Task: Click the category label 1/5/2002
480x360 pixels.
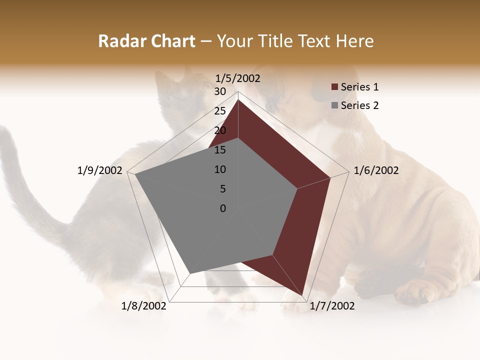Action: tap(238, 78)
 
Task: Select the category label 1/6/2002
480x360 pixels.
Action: tap(376, 170)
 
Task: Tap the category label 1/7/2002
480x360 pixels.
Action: tap(332, 306)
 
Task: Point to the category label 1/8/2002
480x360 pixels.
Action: tap(144, 306)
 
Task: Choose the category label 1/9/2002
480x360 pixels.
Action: tap(100, 170)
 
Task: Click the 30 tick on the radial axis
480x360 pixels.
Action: tap(220, 91)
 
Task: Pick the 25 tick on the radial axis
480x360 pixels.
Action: tap(220, 111)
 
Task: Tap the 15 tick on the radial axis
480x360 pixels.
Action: tap(220, 150)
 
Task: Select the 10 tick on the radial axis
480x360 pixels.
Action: tap(220, 169)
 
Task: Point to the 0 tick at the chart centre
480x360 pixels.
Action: tap(223, 208)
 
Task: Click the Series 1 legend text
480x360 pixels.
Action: tap(359, 87)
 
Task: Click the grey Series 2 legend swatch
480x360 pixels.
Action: tap(334, 105)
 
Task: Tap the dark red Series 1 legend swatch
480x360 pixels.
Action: tap(334, 87)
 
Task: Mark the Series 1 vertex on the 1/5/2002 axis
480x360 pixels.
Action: tap(238, 99)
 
